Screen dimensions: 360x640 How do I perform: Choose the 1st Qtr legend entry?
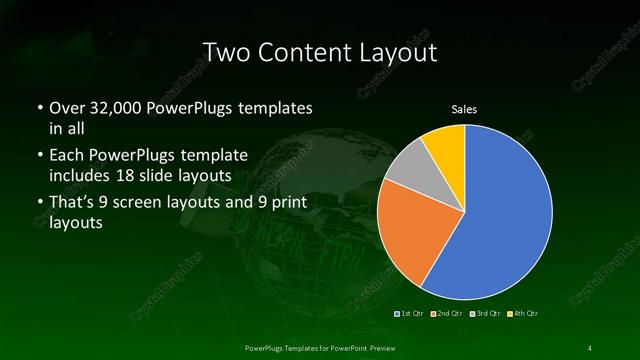pos(411,313)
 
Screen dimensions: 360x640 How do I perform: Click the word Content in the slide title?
pos(318,52)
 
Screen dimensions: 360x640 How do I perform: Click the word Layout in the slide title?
pos(402,52)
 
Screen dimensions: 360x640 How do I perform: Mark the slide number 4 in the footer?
pos(590,347)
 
